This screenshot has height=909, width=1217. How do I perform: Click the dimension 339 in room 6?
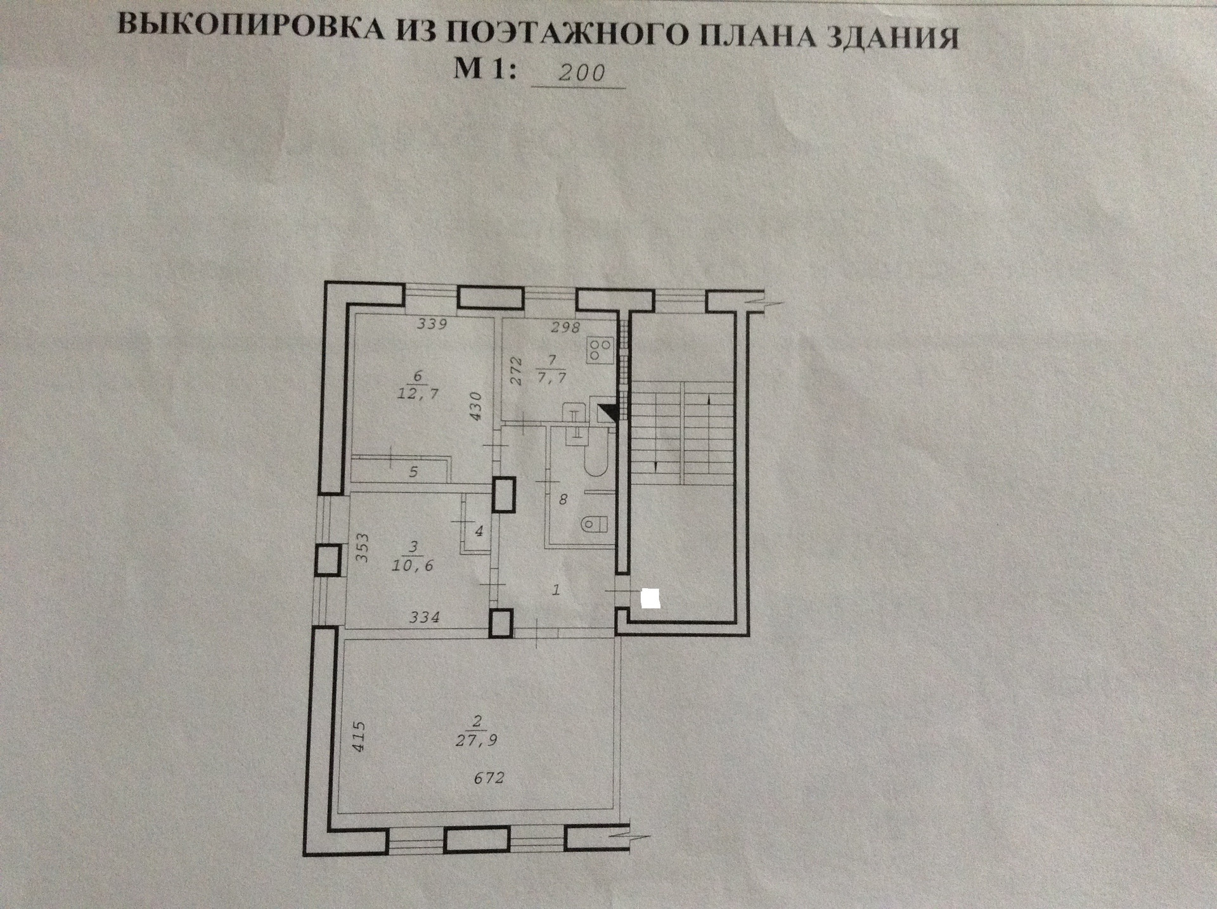coord(432,325)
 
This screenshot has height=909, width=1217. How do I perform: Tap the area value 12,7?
coord(418,394)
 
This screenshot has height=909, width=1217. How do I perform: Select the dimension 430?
coord(477,406)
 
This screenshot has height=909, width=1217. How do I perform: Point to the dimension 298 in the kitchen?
coord(565,327)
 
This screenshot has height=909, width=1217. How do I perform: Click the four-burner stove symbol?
coord(600,349)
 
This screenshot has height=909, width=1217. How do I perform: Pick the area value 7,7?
coord(551,378)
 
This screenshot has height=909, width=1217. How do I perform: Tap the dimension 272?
coord(516,371)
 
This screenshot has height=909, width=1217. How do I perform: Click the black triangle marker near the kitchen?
coord(608,412)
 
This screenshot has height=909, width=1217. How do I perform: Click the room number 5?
coord(413,472)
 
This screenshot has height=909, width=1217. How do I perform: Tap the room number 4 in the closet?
coord(479,531)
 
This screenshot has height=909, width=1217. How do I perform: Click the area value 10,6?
coord(412,565)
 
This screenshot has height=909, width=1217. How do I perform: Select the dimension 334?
coord(424,616)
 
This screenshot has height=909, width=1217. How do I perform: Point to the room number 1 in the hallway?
coord(556,590)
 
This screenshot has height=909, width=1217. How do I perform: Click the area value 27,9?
coord(477,740)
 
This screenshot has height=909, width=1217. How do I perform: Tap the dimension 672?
coord(489,777)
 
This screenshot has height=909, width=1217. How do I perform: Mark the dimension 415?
coord(359,736)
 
